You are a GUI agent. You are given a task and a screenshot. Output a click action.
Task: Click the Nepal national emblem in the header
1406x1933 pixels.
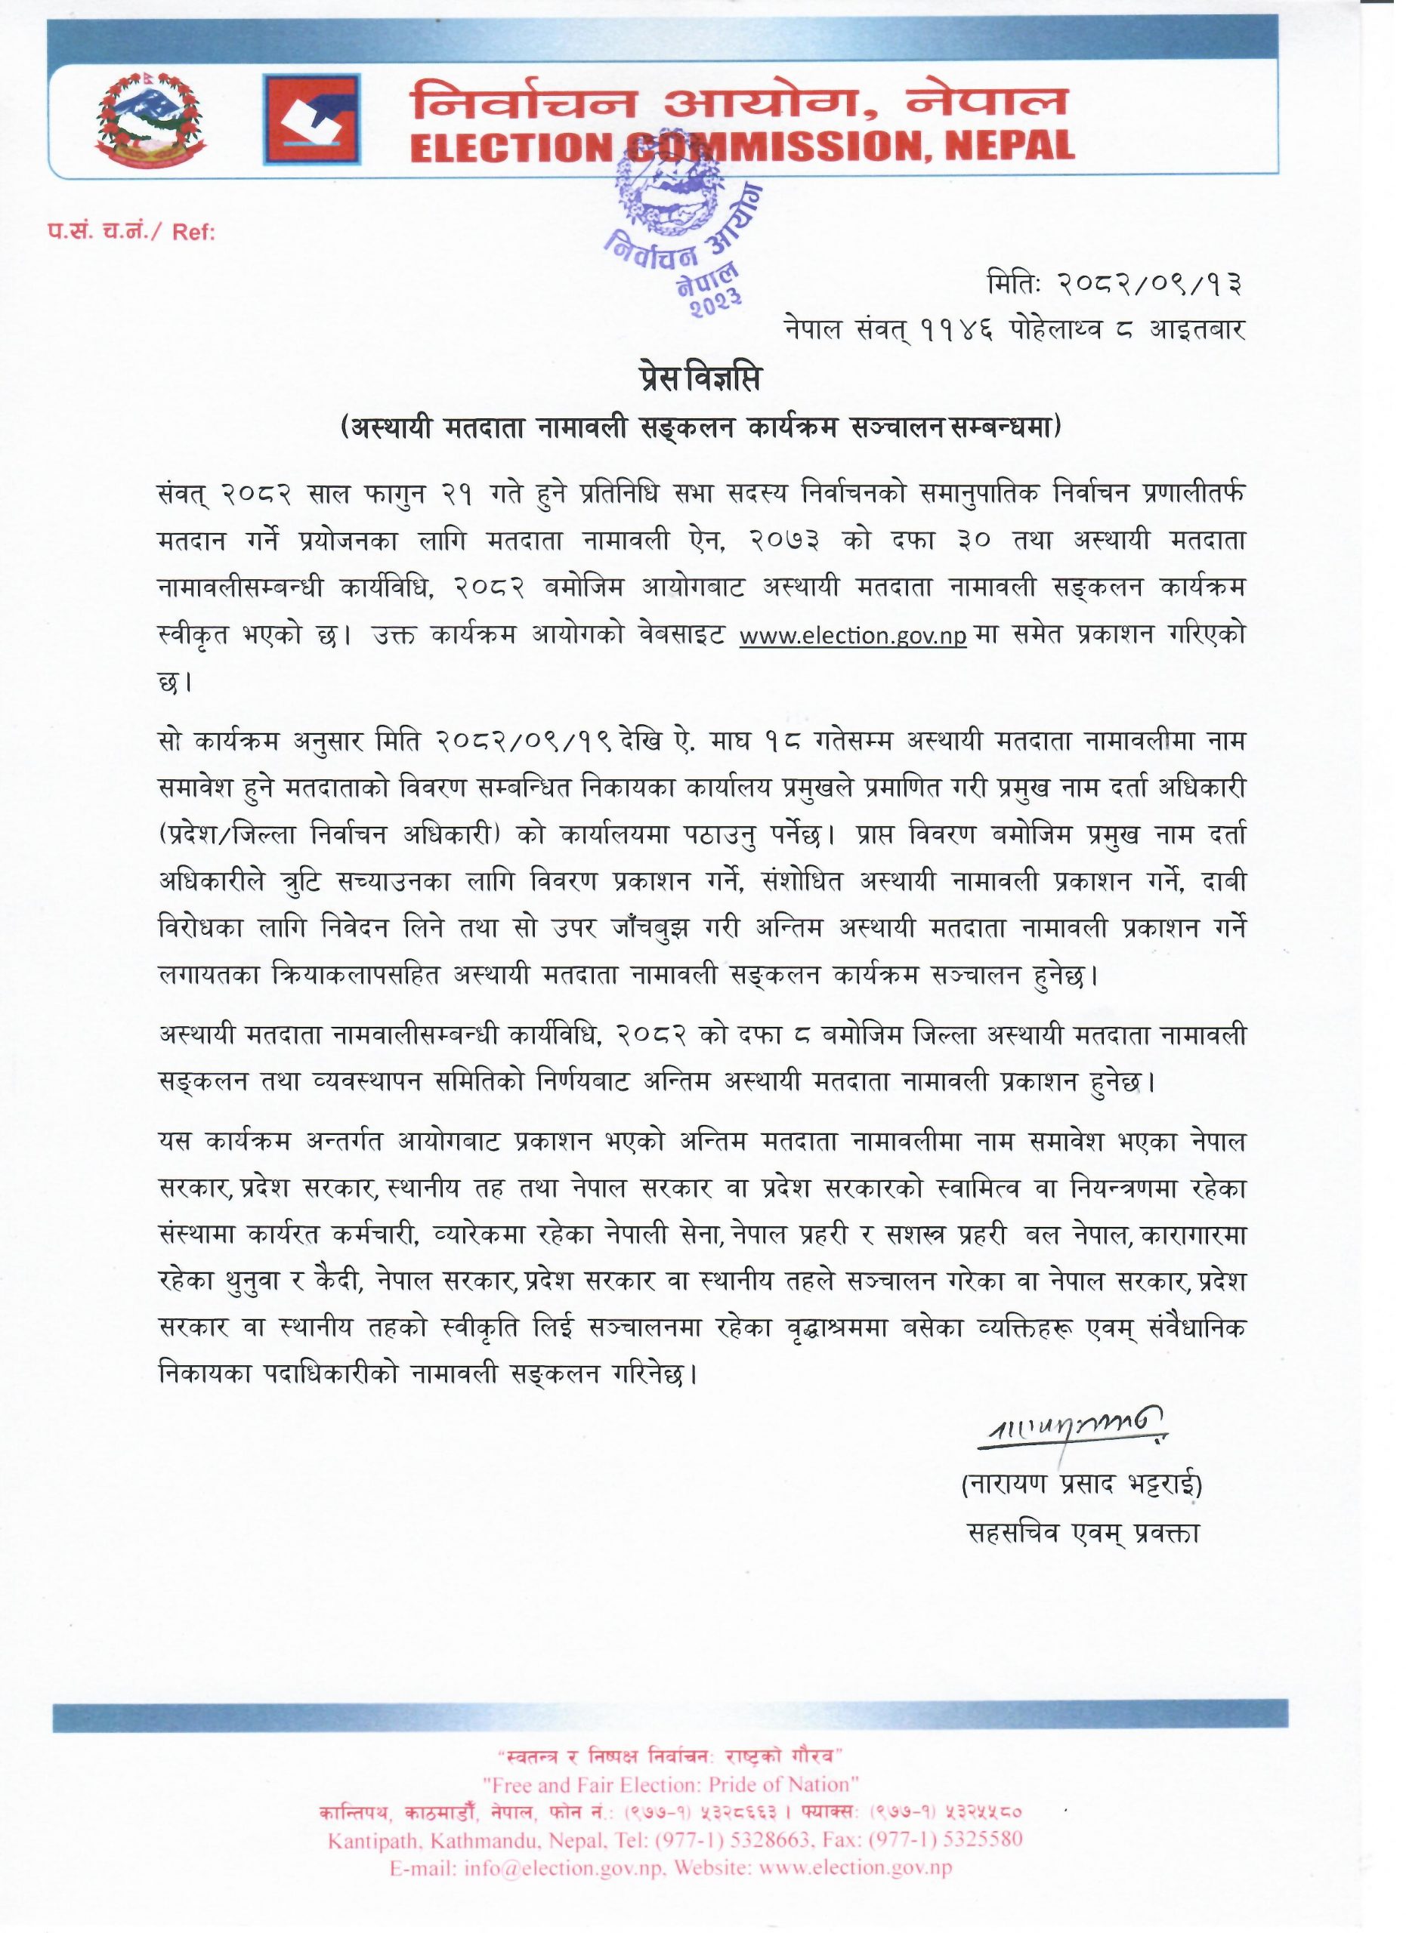pyautogui.click(x=150, y=119)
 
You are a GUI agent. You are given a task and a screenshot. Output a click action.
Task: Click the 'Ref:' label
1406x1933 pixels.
pyautogui.click(x=194, y=233)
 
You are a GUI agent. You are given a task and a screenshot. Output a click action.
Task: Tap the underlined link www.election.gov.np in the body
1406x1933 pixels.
pyautogui.click(x=853, y=637)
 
